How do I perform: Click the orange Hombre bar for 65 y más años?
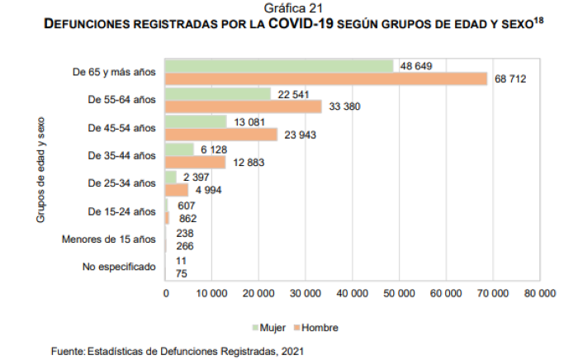tap(326, 78)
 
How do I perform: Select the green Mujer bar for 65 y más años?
tap(279, 66)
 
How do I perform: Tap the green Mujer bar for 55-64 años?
tap(218, 94)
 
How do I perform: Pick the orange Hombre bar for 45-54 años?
tap(221, 135)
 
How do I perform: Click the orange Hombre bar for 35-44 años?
tap(196, 163)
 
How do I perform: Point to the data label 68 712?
tap(511, 78)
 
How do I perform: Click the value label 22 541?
tap(293, 94)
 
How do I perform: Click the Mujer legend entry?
tap(272, 327)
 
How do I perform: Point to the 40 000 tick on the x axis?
tap(354, 293)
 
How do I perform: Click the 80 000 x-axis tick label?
tap(542, 293)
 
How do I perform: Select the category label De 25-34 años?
tap(121, 183)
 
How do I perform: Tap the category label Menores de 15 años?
tap(108, 239)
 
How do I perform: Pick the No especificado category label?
tap(119, 268)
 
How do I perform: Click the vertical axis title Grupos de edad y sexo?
tap(40, 169)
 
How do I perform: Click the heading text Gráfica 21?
tap(288, 9)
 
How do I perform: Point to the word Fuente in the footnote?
tap(67, 351)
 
